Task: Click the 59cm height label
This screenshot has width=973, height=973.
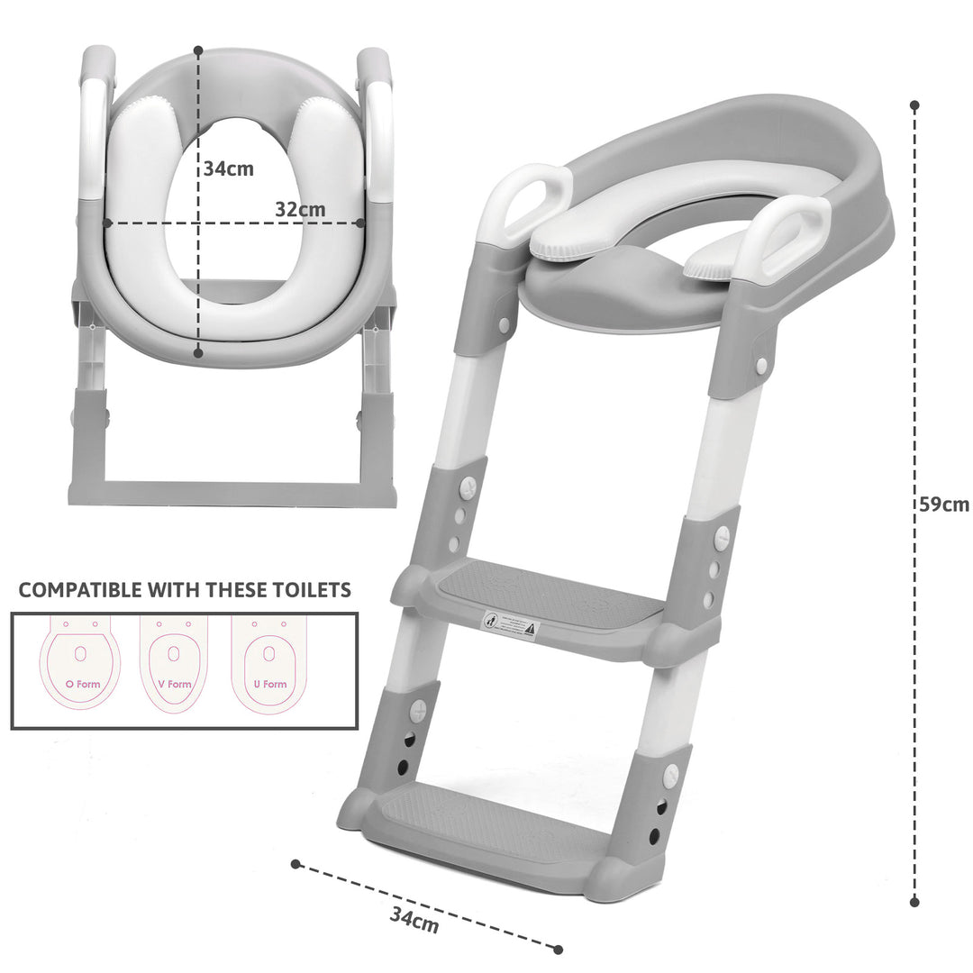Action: click(943, 505)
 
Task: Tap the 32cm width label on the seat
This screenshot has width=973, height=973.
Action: click(300, 208)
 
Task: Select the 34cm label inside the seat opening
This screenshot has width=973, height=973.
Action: click(228, 168)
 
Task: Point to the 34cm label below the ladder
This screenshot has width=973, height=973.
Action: click(414, 920)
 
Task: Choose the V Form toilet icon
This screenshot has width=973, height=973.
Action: click(173, 663)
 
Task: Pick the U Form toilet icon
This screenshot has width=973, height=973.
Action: click(268, 663)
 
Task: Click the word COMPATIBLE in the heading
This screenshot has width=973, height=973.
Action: click(80, 590)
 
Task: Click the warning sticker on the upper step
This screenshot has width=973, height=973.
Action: click(509, 623)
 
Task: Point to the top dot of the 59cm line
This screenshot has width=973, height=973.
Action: click(914, 105)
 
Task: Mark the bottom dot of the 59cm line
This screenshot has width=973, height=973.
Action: click(914, 901)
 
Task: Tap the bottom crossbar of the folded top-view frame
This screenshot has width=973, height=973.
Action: click(232, 494)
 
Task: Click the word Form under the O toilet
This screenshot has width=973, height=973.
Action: click(88, 685)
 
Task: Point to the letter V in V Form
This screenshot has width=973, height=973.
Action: click(161, 685)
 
